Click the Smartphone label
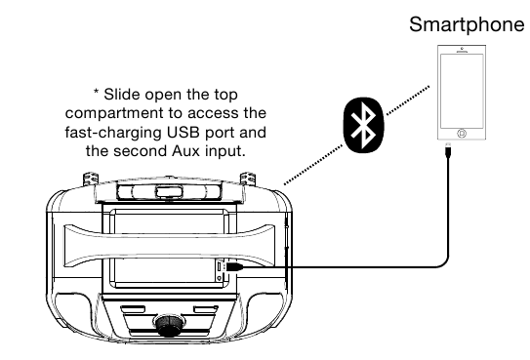pyautogui.click(x=467, y=24)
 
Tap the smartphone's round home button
pyautogui.click(x=462, y=134)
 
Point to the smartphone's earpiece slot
pyautogui.click(x=462, y=52)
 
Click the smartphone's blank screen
pyautogui.click(x=462, y=91)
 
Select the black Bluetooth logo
pyautogui.click(x=364, y=125)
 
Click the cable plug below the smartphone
pyautogui.click(x=448, y=149)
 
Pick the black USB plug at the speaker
pyautogui.click(x=234, y=266)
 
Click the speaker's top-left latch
pyautogui.click(x=91, y=179)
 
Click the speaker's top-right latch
pyautogui.click(x=248, y=179)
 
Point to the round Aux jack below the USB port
pyautogui.click(x=219, y=278)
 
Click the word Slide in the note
pyautogui.click(x=122, y=95)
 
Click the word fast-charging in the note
pyautogui.click(x=114, y=133)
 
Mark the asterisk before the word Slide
pyautogui.click(x=97, y=92)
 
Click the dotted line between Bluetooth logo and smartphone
pyautogui.click(x=408, y=100)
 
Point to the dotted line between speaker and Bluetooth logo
pyautogui.click(x=313, y=165)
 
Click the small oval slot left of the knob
pyautogui.click(x=133, y=309)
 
